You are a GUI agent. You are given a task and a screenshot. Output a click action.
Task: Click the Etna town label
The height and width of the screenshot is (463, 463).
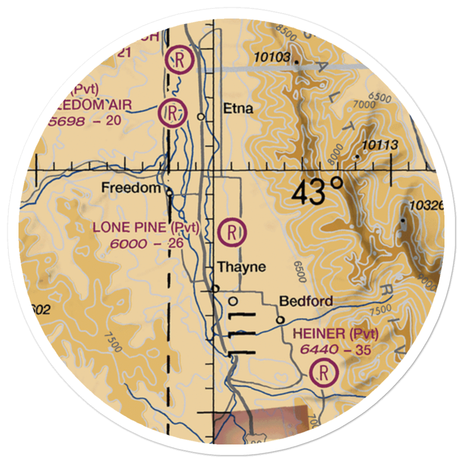[238, 109]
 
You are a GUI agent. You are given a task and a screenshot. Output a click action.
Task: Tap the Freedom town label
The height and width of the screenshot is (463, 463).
[131, 188]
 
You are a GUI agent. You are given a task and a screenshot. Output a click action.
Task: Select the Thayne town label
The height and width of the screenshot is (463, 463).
[242, 267]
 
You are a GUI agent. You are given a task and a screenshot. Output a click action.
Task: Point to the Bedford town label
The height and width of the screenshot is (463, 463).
[306, 301]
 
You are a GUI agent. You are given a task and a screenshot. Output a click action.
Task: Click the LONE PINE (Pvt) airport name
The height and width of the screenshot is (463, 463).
[146, 228]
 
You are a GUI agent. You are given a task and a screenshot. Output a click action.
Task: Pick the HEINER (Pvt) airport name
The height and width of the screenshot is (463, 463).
[336, 333]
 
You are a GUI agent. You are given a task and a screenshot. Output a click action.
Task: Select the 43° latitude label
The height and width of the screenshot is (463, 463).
[318, 191]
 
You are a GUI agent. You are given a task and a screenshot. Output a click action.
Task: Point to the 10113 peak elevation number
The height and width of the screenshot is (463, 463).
[380, 145]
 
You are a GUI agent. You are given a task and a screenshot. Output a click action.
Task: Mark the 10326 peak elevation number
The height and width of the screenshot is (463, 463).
[426, 205]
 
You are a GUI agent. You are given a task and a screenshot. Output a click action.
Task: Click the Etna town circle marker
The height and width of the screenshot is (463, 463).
[201, 117]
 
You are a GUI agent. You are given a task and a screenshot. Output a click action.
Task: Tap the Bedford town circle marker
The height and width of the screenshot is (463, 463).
[280, 320]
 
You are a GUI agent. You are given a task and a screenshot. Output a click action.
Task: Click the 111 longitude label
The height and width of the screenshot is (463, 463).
[242, 334]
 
